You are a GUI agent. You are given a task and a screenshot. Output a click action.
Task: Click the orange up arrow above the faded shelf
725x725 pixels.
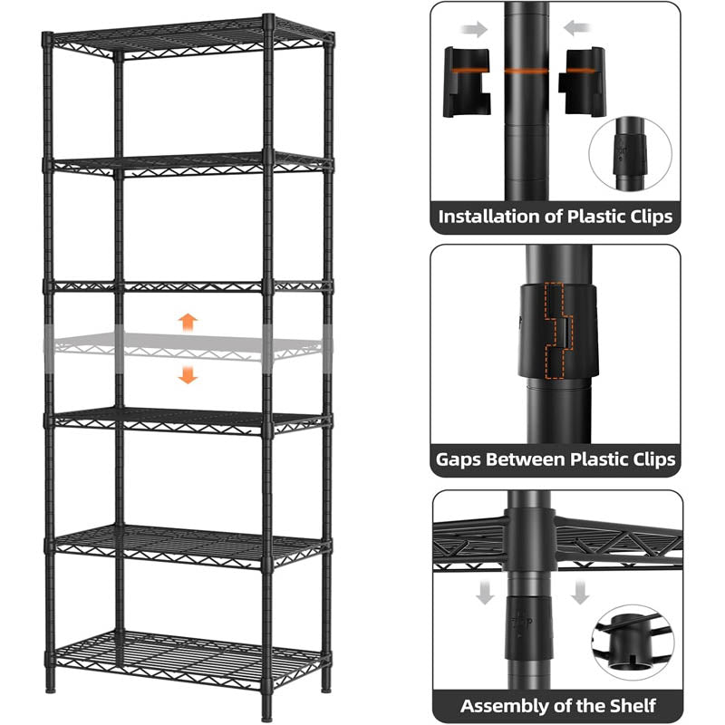point(188,321)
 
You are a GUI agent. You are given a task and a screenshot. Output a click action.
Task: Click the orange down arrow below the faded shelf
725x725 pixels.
point(188,373)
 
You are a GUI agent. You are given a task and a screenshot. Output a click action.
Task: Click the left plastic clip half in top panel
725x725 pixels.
point(467,82)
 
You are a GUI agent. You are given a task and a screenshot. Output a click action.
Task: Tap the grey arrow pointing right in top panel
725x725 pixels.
point(473,29)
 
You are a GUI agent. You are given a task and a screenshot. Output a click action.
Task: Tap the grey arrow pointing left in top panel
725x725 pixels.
point(575,29)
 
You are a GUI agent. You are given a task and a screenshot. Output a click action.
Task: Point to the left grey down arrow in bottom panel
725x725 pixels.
point(486,594)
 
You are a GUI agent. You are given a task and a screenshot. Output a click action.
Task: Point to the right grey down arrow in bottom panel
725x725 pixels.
point(580,594)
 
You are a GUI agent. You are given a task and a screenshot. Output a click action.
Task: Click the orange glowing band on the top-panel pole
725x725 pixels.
point(527,70)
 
